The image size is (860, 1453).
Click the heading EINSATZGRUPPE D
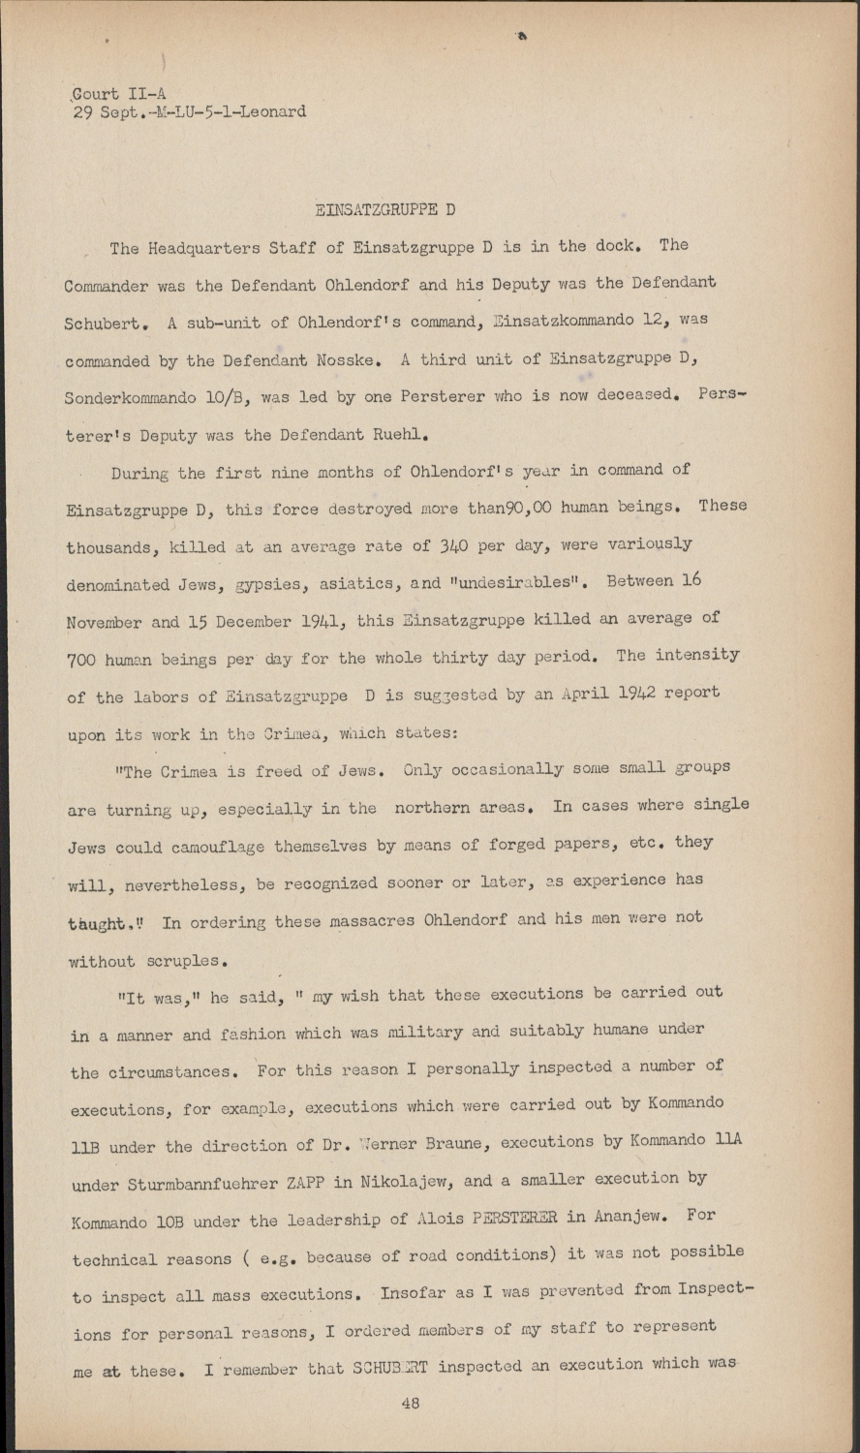385,209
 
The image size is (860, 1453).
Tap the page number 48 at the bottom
410,1403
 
